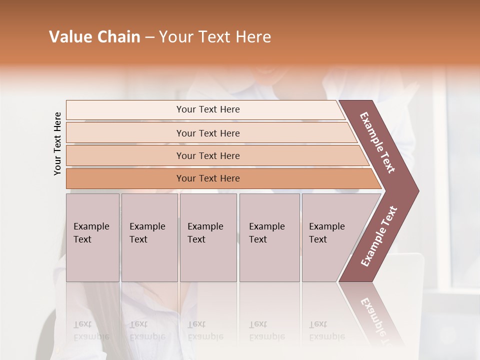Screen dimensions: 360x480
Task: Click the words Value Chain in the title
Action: click(x=94, y=37)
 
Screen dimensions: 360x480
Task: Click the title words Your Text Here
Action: click(x=215, y=37)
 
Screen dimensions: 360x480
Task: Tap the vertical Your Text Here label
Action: click(x=57, y=143)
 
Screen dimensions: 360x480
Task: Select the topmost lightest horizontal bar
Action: click(x=207, y=109)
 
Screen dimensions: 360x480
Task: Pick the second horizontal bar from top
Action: click(x=207, y=133)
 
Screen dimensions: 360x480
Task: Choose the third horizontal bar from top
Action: click(x=207, y=155)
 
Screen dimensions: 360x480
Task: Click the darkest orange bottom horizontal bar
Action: click(x=207, y=178)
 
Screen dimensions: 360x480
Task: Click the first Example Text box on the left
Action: click(x=92, y=237)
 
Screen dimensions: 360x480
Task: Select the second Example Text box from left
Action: click(x=149, y=237)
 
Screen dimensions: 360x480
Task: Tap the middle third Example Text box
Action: click(x=208, y=237)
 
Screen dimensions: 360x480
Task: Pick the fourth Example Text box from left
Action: click(x=269, y=237)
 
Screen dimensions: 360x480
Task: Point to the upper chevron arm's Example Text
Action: click(x=377, y=142)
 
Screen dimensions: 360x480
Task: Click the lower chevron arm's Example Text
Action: click(x=379, y=236)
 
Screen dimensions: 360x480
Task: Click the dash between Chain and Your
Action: click(x=149, y=37)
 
